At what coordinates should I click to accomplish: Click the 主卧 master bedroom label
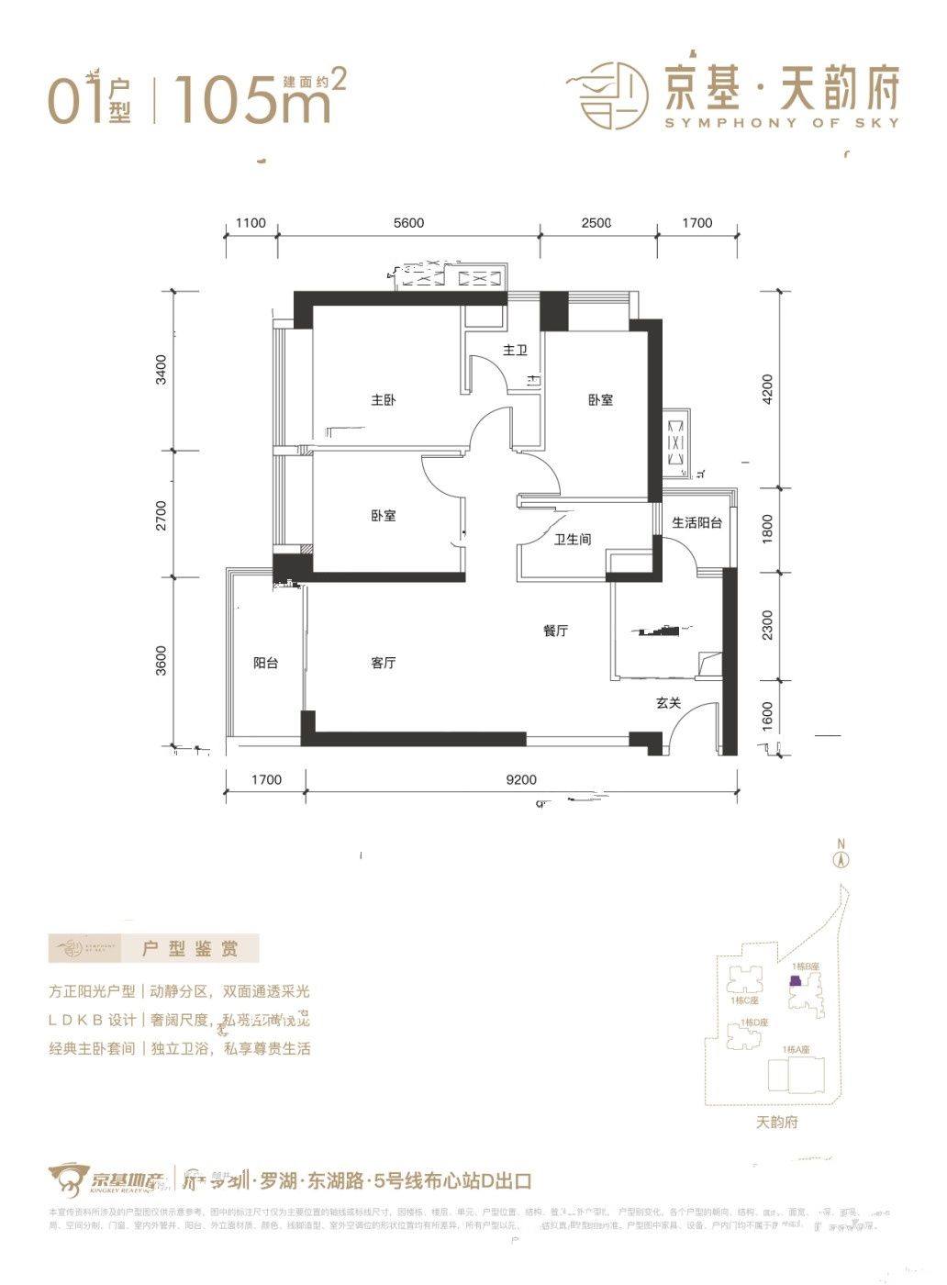point(384,400)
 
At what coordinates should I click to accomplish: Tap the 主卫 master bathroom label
point(515,351)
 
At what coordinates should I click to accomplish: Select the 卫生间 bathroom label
point(572,540)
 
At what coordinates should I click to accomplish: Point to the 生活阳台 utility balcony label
point(696,522)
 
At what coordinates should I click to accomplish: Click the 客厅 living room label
point(384,663)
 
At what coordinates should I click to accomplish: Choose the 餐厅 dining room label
point(555,631)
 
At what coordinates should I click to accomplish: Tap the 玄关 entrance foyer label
point(668,703)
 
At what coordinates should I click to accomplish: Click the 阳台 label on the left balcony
point(266,663)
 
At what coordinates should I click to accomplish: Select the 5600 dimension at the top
point(408,223)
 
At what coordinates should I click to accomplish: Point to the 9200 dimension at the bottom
point(520,780)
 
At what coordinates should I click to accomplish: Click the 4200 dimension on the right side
point(768,389)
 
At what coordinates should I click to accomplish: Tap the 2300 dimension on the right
point(768,625)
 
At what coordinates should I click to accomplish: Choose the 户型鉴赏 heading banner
point(190,948)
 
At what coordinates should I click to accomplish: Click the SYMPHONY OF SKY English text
point(781,123)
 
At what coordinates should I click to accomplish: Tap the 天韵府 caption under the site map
point(777,1122)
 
